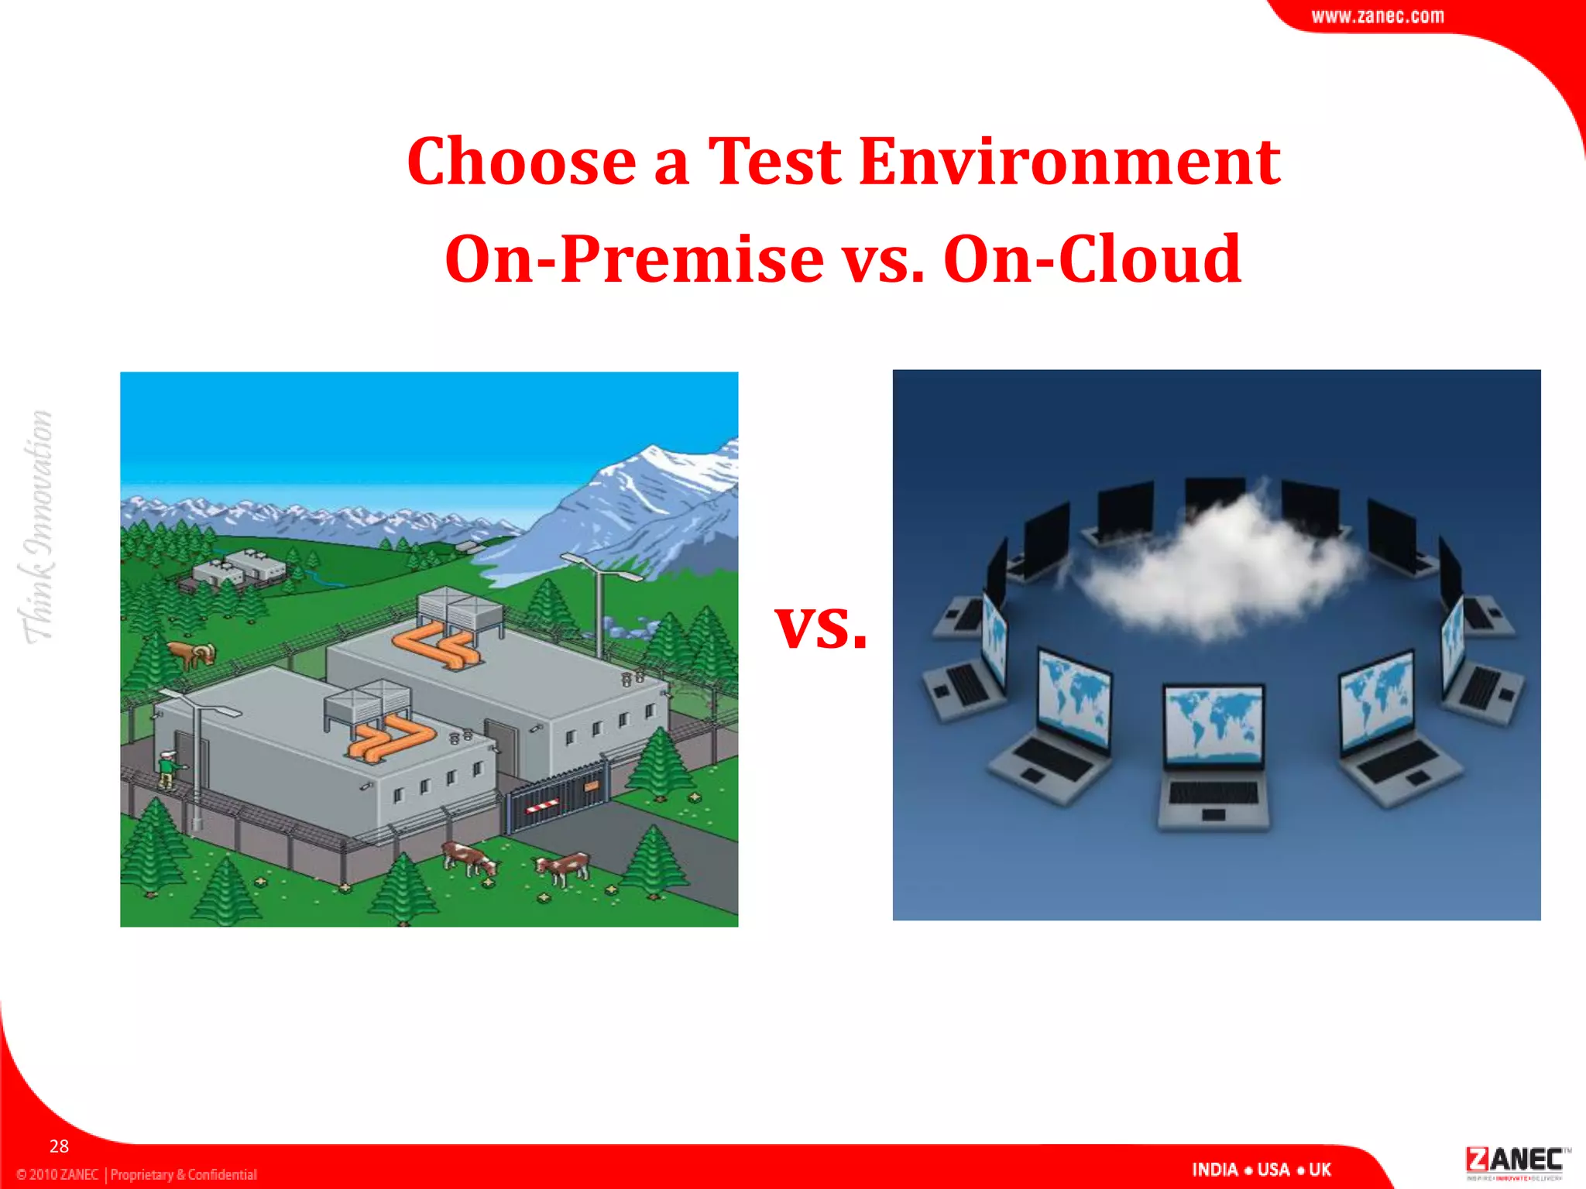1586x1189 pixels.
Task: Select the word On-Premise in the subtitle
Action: click(x=634, y=259)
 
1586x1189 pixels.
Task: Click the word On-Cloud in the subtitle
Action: click(x=1092, y=259)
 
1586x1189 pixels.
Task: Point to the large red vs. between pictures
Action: click(x=821, y=627)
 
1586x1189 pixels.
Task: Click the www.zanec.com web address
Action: click(x=1377, y=16)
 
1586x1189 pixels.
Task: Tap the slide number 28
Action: click(x=59, y=1146)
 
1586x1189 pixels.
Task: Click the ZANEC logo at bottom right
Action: click(x=1514, y=1162)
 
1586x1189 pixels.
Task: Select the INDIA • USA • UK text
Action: click(x=1262, y=1170)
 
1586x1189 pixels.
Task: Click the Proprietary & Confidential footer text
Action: click(x=184, y=1174)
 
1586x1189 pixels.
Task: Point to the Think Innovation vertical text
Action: click(x=37, y=526)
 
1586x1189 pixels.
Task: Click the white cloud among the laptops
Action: click(x=1216, y=561)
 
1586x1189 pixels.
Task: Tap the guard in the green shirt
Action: click(x=166, y=767)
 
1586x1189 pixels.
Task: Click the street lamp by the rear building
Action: click(x=598, y=604)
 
